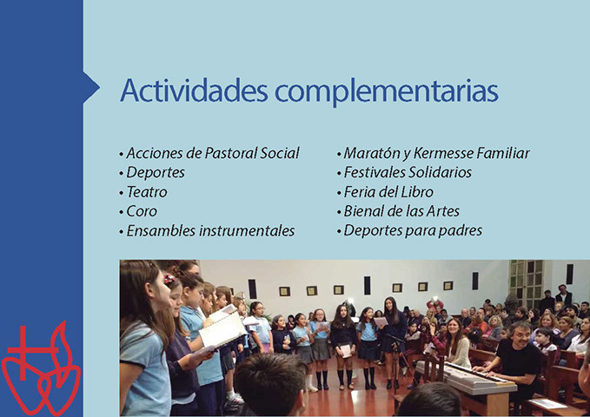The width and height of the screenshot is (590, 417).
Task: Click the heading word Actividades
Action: click(194, 90)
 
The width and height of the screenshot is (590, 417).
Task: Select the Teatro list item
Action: click(147, 192)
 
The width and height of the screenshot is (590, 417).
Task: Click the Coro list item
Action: click(142, 211)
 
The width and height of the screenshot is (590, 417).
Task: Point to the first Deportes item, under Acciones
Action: click(156, 173)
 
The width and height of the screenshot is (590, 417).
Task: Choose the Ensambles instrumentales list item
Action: click(210, 231)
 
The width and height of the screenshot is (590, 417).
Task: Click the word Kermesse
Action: click(444, 153)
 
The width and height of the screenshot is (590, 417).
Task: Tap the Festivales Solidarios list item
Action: click(408, 172)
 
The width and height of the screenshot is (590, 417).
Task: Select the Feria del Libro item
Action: click(388, 192)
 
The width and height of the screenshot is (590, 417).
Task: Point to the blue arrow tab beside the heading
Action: click(91, 88)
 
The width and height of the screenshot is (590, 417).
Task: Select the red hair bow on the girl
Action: click(169, 279)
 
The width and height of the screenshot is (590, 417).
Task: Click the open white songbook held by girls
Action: click(222, 328)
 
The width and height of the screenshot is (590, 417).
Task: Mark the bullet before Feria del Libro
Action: click(339, 194)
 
